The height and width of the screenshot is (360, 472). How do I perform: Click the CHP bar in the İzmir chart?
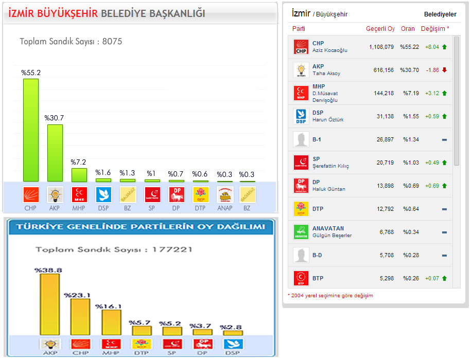31,130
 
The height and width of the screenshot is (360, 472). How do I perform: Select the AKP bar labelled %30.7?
55,153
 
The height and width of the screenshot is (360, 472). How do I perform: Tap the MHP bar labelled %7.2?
79,175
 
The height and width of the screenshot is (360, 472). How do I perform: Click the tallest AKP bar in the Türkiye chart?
49,304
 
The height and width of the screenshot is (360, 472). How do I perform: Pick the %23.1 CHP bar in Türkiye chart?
80,317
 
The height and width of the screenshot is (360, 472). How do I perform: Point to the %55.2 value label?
31,73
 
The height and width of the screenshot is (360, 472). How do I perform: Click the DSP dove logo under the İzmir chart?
103,194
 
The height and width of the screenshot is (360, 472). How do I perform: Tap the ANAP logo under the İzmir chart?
224,194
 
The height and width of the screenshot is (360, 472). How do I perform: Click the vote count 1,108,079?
381,47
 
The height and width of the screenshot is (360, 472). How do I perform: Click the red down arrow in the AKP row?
444,70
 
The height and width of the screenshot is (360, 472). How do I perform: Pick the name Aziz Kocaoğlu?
330,50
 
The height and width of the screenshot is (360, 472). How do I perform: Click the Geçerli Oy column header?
380,29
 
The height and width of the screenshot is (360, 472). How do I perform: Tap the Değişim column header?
434,29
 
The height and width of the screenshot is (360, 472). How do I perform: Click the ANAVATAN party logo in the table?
300,232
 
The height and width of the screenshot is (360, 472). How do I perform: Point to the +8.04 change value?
432,47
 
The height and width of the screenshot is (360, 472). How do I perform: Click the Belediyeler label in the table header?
440,14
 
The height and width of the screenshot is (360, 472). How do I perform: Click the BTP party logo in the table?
300,278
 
